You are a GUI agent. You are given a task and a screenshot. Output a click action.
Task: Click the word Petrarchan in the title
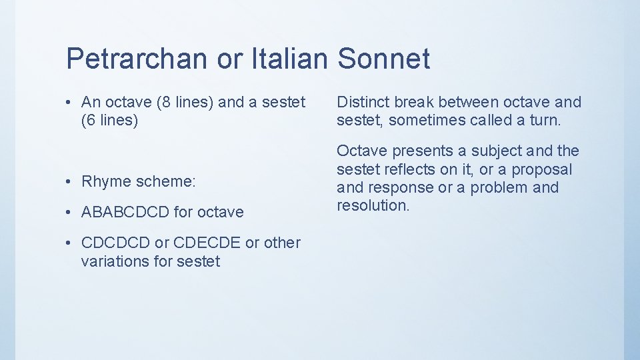tap(137, 59)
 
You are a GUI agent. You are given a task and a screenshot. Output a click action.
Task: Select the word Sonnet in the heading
tap(383, 59)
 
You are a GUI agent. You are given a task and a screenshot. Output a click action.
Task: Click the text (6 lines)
tap(109, 121)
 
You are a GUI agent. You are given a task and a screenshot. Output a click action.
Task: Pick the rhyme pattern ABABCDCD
tap(124, 212)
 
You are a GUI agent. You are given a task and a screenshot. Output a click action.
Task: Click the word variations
tap(115, 261)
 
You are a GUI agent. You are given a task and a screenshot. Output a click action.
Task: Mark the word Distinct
tap(362, 102)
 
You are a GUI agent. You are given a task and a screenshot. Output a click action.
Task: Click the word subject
tap(490, 151)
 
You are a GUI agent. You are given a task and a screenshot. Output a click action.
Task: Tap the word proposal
tap(541, 170)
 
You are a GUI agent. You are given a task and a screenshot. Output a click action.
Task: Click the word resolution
tap(373, 205)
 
